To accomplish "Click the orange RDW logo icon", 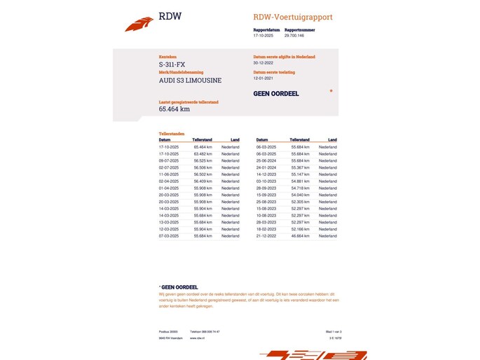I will [x=139, y=24].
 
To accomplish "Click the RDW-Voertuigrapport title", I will [x=293, y=17].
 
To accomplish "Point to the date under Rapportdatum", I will [x=263, y=35].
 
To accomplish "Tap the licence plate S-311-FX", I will [x=172, y=64].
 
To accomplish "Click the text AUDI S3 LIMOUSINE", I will [x=190, y=81].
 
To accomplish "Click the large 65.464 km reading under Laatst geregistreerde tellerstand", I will [x=174, y=109].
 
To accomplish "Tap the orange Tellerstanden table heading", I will [x=171, y=133].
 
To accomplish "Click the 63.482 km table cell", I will [x=203, y=154].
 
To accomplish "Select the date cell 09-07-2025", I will [x=169, y=160].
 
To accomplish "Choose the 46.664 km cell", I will [x=301, y=236].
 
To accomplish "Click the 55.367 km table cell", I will [x=301, y=167].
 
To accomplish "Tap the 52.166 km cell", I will [x=301, y=229].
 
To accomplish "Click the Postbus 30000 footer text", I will [x=168, y=331].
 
